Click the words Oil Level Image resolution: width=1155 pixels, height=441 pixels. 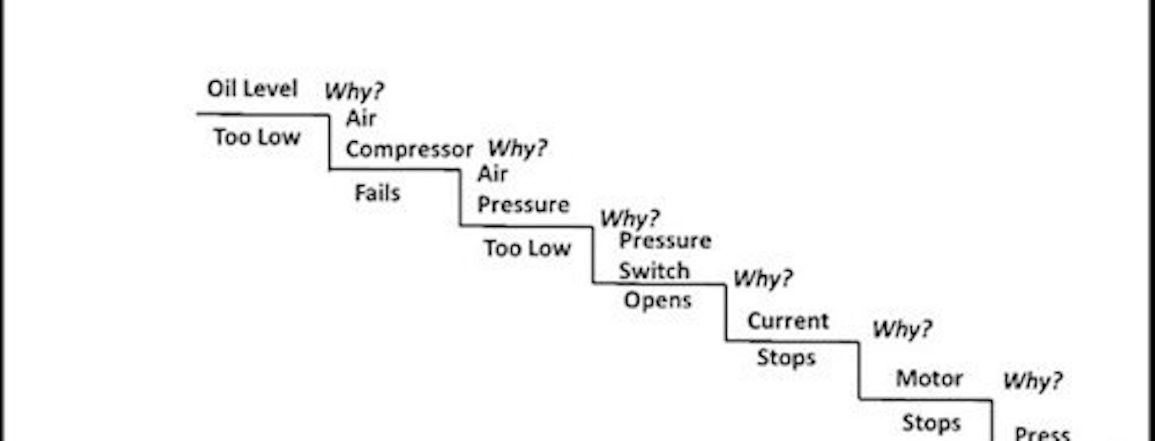tap(253, 88)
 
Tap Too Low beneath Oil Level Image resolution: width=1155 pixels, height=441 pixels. tap(257, 138)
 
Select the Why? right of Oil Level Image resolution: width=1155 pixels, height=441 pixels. tap(354, 91)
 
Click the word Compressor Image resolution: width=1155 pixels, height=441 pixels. tap(409, 150)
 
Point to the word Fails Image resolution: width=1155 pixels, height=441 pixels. tap(377, 193)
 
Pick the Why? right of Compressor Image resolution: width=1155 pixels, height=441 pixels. tap(518, 148)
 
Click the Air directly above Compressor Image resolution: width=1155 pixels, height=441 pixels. tap(361, 119)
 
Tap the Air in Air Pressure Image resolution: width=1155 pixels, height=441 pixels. tap(492, 174)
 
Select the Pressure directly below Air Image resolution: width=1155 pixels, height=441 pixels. tap(523, 205)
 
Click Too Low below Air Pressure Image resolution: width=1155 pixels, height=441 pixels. tap(527, 249)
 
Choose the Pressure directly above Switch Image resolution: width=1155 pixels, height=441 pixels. tap(665, 241)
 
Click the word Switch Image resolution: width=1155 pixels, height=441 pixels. tap(654, 271)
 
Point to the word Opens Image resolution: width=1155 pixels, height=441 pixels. tap(658, 301)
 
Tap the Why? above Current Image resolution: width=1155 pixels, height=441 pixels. tap(763, 279)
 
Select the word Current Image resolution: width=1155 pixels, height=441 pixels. tap(788, 321)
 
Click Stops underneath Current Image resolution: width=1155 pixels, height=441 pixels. tap(786, 358)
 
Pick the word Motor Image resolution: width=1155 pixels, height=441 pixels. tap(929, 378)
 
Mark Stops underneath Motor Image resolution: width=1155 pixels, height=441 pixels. tap(931, 423)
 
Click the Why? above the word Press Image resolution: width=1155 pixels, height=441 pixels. tap(1033, 381)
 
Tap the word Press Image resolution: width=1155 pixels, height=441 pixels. tap(1042, 434)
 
